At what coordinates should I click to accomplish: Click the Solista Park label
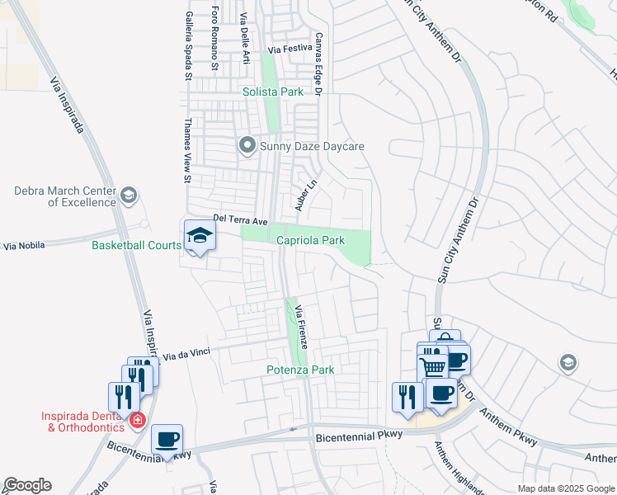273,92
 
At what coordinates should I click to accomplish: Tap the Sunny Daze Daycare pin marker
247,146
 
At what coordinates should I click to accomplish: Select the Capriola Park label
310,240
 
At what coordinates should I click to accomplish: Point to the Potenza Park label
300,370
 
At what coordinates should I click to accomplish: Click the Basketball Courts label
136,245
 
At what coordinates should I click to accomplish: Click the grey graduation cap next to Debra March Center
128,196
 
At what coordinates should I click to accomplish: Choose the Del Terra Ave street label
241,221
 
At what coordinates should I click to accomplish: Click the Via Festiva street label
287,49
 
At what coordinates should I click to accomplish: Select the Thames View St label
187,157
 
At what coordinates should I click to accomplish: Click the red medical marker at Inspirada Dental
137,421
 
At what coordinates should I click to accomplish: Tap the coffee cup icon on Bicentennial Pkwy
167,438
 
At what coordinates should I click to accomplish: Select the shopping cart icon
432,365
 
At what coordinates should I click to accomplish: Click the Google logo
27,485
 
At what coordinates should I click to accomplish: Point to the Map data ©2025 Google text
565,488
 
